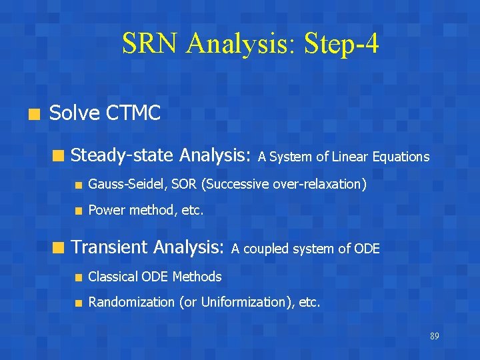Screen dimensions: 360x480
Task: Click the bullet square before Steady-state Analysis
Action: pyautogui.click(x=58, y=157)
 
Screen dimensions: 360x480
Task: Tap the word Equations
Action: pyautogui.click(x=401, y=157)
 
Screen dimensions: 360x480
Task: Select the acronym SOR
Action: pyautogui.click(x=173, y=184)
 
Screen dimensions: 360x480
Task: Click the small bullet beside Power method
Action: pyautogui.click(x=78, y=211)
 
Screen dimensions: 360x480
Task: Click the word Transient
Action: pyautogui.click(x=109, y=247)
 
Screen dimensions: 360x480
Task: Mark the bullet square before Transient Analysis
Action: pyautogui.click(x=58, y=248)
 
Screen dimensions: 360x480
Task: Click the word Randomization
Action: pyautogui.click(x=131, y=302)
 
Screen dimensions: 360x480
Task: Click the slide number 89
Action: pyautogui.click(x=435, y=336)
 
